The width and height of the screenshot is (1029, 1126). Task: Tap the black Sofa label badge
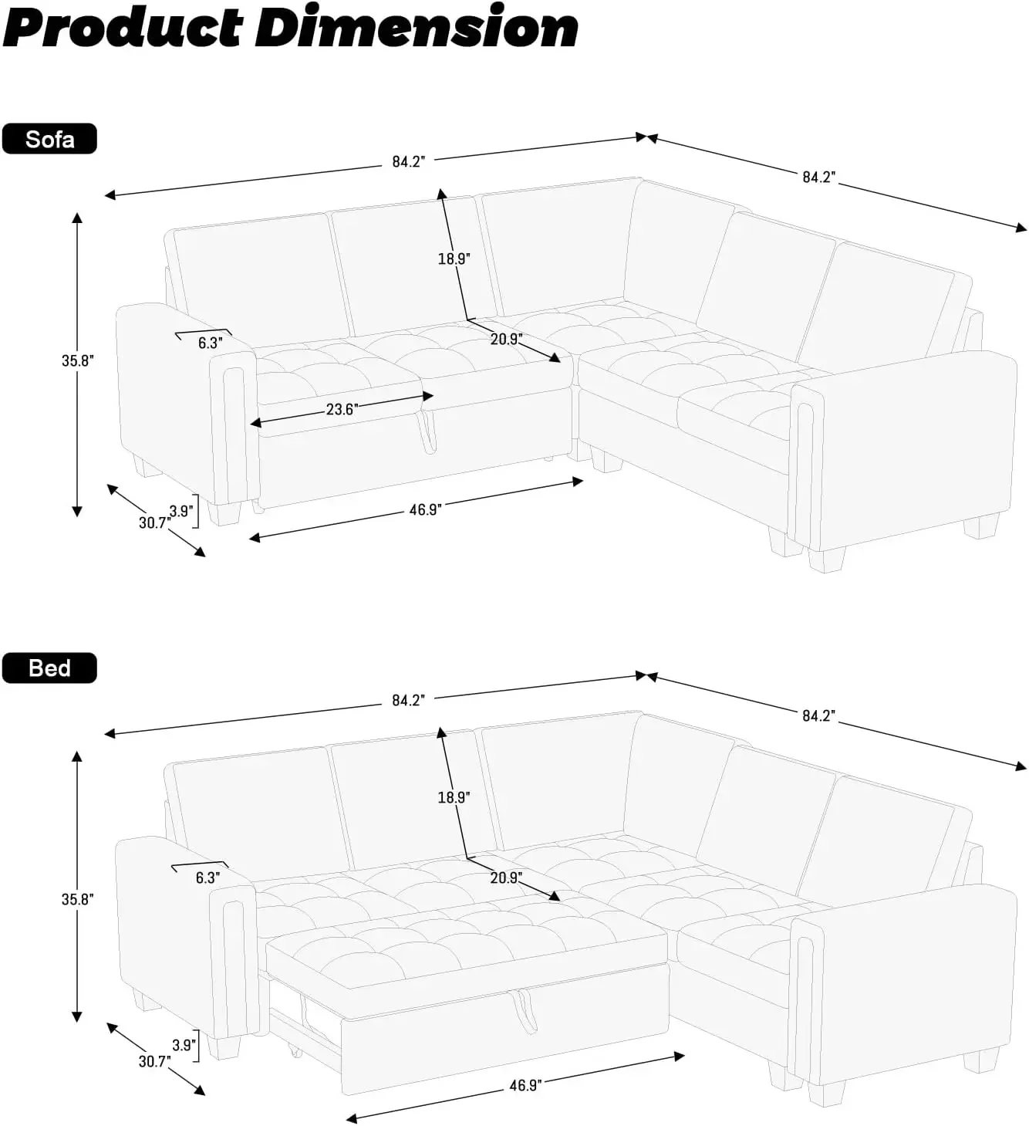(49, 139)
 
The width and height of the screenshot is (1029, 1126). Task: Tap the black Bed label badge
(49, 668)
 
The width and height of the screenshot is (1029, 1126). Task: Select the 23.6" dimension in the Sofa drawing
(340, 409)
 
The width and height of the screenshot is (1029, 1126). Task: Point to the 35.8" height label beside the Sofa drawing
(77, 360)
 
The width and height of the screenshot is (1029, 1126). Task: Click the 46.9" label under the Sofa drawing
(424, 509)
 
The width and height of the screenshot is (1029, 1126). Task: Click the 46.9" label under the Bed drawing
(525, 1085)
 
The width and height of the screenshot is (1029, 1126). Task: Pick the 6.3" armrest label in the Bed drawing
(207, 877)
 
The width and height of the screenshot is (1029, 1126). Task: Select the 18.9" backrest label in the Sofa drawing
(454, 259)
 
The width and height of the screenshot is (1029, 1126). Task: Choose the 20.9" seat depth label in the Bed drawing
(506, 877)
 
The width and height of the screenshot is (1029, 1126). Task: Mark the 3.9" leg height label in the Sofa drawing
(181, 511)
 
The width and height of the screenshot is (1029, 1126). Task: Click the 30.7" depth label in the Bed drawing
(154, 1061)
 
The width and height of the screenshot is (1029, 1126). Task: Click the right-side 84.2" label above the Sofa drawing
(818, 177)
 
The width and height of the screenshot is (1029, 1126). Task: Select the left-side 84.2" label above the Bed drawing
(408, 701)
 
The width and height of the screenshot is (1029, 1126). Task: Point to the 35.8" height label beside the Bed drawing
(77, 899)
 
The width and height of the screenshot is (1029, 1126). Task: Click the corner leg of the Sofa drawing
(605, 460)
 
